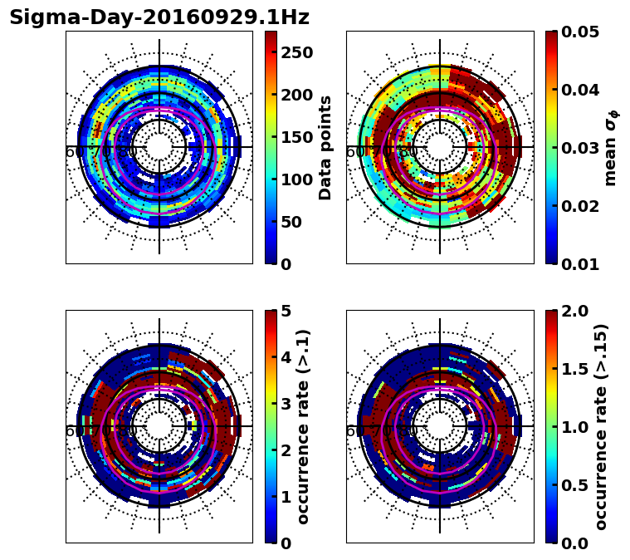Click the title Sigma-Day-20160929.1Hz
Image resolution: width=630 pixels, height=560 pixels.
159,17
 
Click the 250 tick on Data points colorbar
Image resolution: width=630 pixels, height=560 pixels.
295,52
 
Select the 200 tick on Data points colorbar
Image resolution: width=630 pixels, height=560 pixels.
295,95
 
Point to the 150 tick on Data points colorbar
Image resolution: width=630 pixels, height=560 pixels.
295,137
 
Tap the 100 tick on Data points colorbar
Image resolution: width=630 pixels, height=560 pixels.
295,179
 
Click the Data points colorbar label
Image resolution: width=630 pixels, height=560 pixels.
325,147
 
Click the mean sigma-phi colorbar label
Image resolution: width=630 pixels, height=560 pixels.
611,147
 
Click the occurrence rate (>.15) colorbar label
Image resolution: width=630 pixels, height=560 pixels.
601,426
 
